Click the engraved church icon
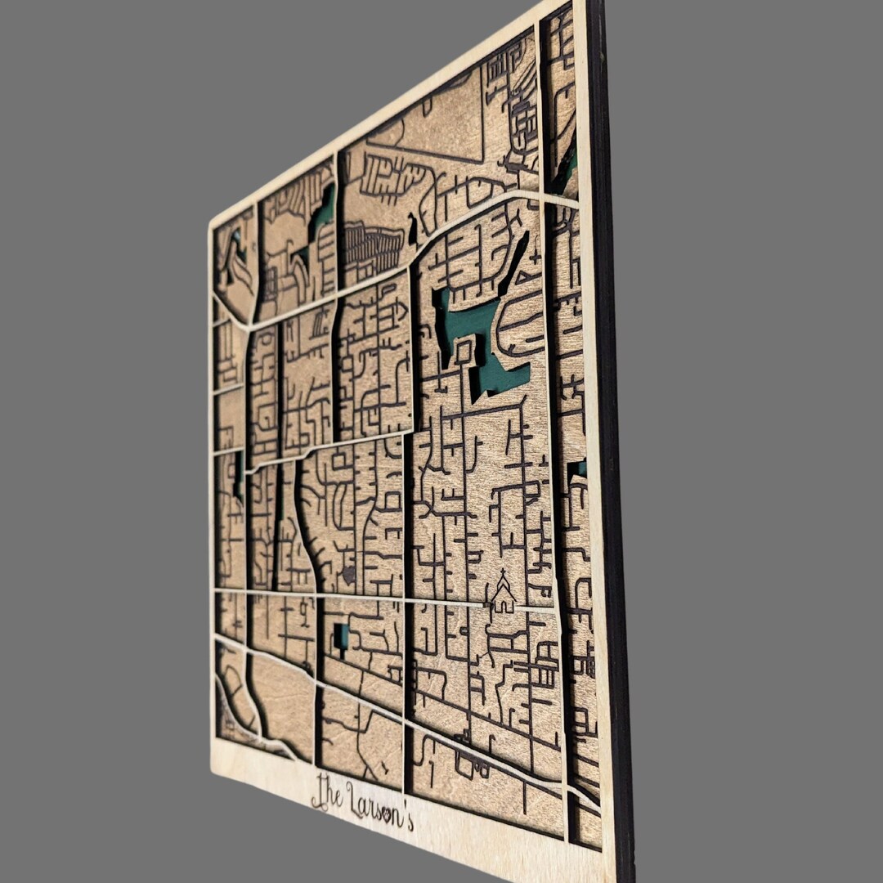tap(503, 596)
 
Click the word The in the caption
tap(326, 793)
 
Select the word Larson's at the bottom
tap(379, 806)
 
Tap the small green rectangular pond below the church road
tap(341, 636)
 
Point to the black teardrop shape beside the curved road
tap(412, 231)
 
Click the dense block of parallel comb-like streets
tap(372, 245)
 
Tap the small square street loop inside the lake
tap(464, 352)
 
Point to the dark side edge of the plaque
tap(612, 441)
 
